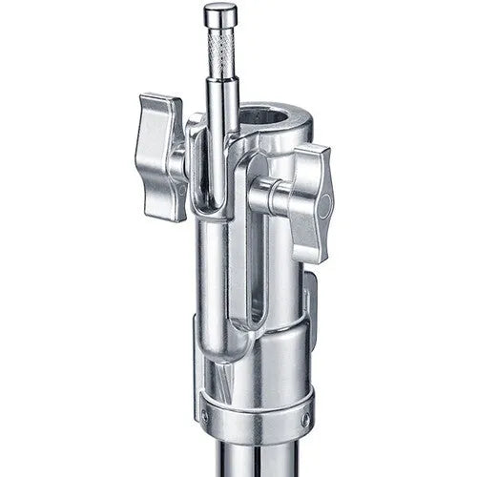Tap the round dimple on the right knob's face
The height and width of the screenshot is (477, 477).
coord(324,205)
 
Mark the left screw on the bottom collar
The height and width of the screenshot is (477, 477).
coord(204,416)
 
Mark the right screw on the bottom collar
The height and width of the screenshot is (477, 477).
coord(303,418)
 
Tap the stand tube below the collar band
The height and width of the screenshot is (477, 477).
coord(253,458)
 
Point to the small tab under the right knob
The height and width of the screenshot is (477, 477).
coord(308,286)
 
